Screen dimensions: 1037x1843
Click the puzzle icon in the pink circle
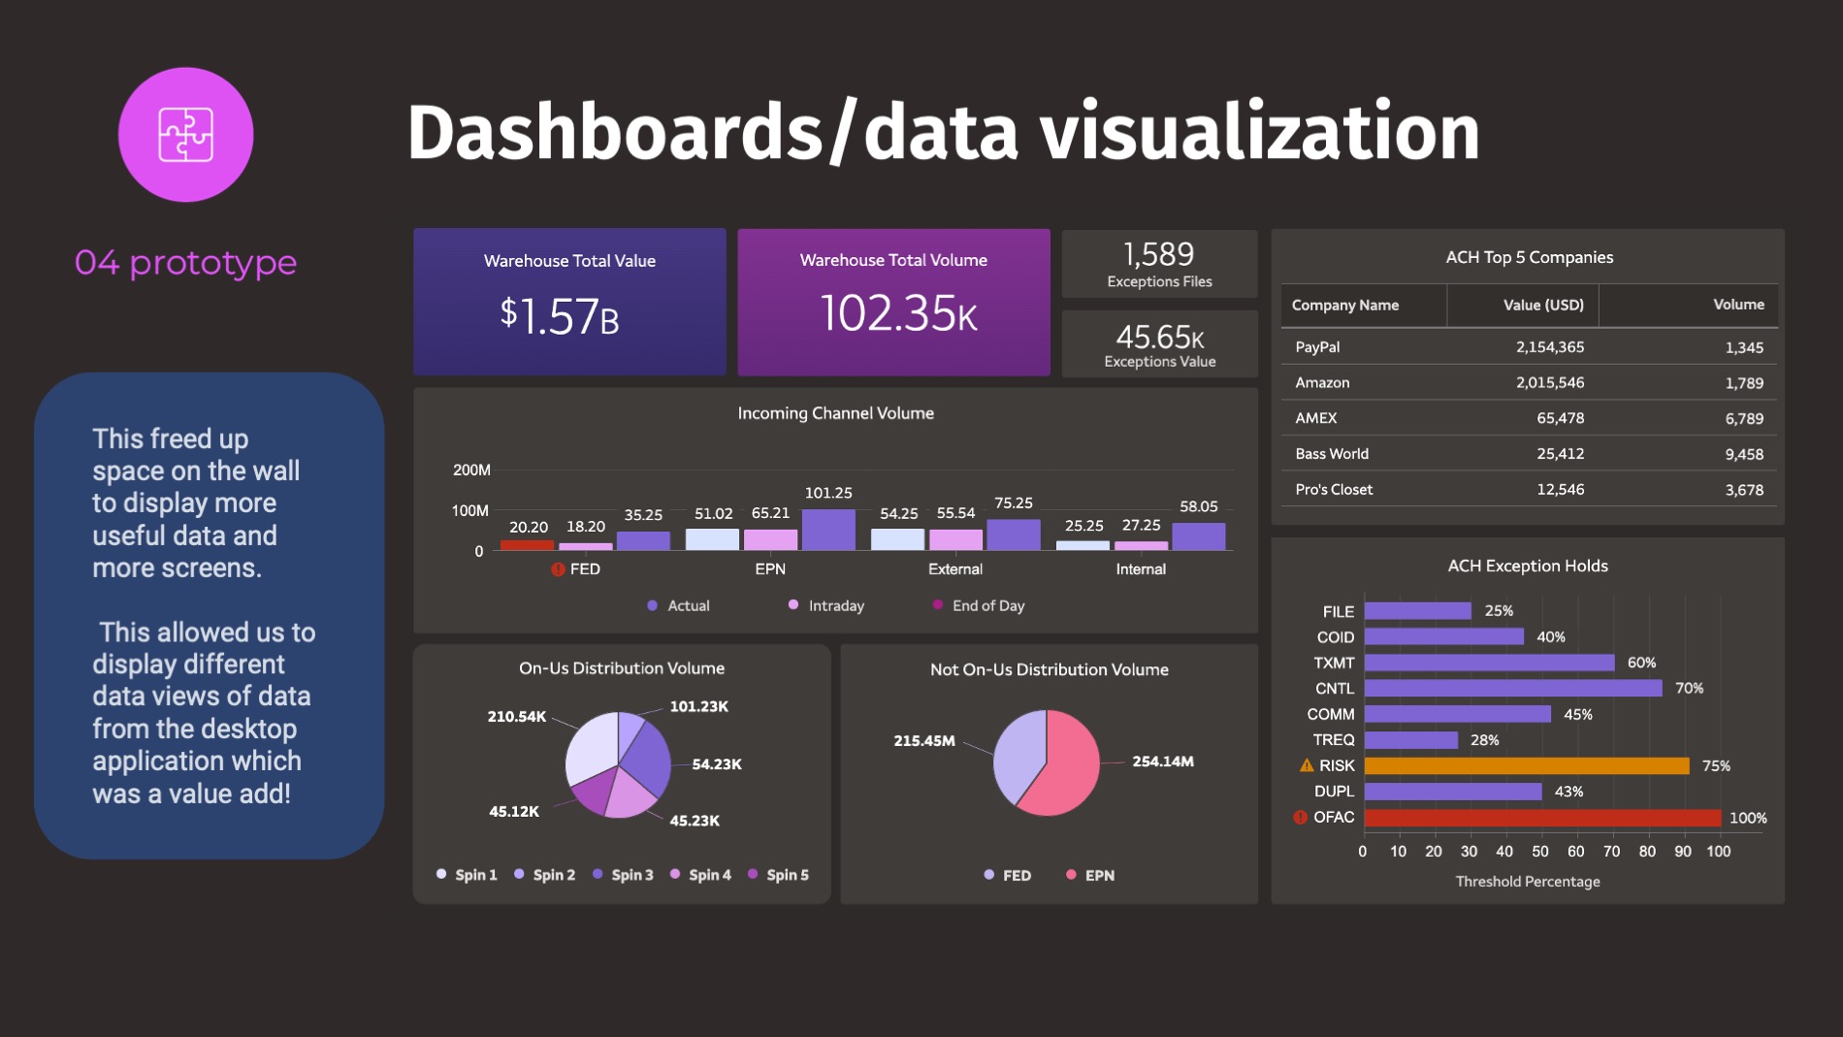coord(185,135)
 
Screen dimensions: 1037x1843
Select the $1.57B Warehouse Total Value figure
coord(560,316)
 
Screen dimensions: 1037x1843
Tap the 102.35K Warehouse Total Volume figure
coord(898,314)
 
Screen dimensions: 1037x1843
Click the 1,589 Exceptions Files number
coord(1158,255)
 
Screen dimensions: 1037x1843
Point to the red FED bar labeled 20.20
coord(527,544)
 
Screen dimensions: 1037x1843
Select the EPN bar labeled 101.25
coord(828,530)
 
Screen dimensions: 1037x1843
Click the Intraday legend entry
coord(826,605)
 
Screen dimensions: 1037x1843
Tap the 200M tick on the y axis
coord(471,470)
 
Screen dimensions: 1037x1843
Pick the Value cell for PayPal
coord(1549,347)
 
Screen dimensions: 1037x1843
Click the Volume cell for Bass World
coord(1743,454)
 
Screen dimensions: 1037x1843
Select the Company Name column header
coord(1344,306)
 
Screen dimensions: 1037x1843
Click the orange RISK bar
coord(1526,765)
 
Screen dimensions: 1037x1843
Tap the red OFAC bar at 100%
coord(1541,818)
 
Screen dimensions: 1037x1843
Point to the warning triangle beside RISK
coord(1307,765)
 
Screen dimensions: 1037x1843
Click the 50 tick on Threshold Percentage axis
coord(1540,852)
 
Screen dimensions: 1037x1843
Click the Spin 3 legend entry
coord(623,875)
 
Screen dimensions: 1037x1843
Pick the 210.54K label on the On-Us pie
coord(516,717)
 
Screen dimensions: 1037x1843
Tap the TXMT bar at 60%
coord(1489,663)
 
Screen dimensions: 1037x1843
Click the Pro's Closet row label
coord(1334,490)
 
